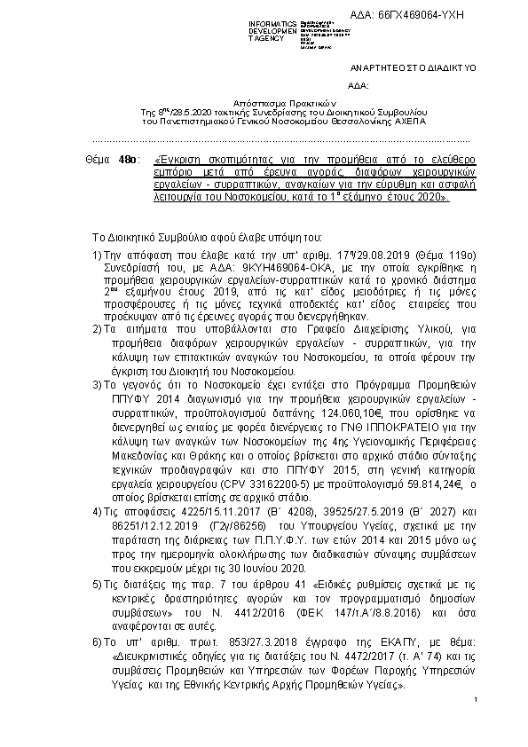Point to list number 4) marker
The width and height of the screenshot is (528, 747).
point(97,511)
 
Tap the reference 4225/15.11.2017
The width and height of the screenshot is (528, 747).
point(214,511)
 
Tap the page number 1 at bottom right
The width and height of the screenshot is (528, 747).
point(477,702)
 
